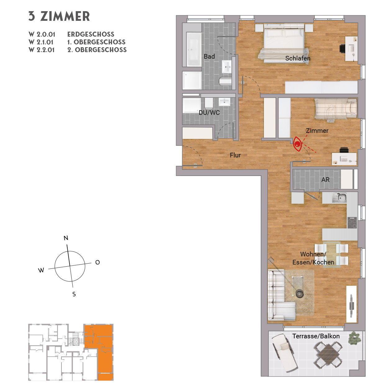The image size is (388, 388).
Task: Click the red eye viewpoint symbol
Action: pyautogui.click(x=297, y=144)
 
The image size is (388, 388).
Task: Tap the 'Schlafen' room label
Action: pyautogui.click(x=297, y=58)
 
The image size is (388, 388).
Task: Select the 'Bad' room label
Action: pyautogui.click(x=209, y=56)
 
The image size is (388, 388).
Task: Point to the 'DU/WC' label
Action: pyautogui.click(x=209, y=113)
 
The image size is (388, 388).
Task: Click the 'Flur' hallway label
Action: pyautogui.click(x=235, y=155)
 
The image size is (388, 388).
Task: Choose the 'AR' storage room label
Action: pyautogui.click(x=325, y=180)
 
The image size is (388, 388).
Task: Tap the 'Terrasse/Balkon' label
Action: pyautogui.click(x=316, y=336)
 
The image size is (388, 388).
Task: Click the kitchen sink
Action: pyautogui.click(x=339, y=197)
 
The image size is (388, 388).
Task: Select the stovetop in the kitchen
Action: pyautogui.click(x=352, y=223)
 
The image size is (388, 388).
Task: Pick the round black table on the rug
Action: pyautogui.click(x=300, y=293)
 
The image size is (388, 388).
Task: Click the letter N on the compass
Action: pyautogui.click(x=66, y=238)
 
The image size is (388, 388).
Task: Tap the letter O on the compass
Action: pyautogui.click(x=97, y=263)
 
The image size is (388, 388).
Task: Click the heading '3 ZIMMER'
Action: pyautogui.click(x=59, y=16)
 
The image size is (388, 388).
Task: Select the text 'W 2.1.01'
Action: pyautogui.click(x=41, y=42)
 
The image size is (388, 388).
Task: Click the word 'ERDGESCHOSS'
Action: pyautogui.click(x=91, y=34)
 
